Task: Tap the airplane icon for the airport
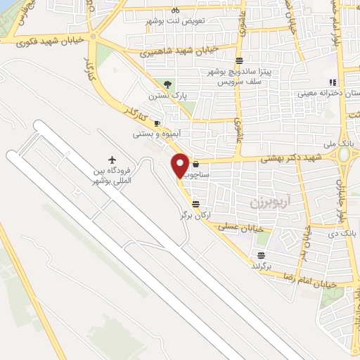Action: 112,161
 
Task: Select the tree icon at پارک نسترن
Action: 166,84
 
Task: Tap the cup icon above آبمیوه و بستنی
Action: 157,124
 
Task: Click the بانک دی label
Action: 350,231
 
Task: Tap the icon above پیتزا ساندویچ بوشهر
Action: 240,60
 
